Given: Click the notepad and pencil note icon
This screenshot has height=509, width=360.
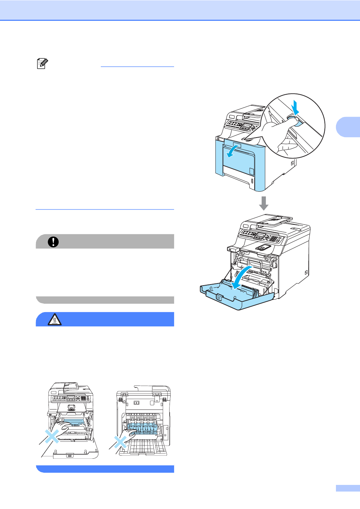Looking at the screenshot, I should pyautogui.click(x=42, y=64).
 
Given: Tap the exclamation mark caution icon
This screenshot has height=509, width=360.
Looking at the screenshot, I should pyautogui.click(x=53, y=242).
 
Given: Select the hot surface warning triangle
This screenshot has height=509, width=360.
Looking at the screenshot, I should pyautogui.click(x=54, y=319).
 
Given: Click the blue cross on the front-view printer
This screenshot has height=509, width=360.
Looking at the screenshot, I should pyautogui.click(x=52, y=436).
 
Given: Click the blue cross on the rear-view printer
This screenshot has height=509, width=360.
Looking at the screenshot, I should pyautogui.click(x=120, y=442).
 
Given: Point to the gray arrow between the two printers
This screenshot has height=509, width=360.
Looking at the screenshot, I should pyautogui.click(x=264, y=203).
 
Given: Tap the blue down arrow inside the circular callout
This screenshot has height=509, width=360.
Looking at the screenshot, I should pyautogui.click(x=295, y=108).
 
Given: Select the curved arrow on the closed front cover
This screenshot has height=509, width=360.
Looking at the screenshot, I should pyautogui.click(x=232, y=149).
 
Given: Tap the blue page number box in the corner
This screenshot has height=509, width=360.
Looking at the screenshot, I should pyautogui.click(x=347, y=488).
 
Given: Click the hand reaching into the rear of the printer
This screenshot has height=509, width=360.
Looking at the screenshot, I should pyautogui.click(x=131, y=433).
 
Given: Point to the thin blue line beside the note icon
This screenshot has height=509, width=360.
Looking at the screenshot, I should pyautogui.click(x=137, y=66).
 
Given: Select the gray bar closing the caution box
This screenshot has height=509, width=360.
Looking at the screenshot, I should pyautogui.click(x=105, y=300).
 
